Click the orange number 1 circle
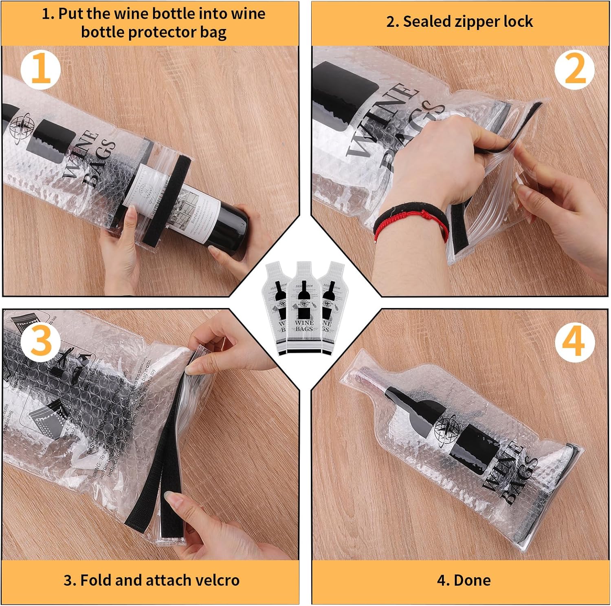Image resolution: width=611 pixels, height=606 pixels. (x=40, y=70)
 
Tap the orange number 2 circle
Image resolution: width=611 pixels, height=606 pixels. (x=574, y=70)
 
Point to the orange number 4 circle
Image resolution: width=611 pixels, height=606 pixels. (x=574, y=343)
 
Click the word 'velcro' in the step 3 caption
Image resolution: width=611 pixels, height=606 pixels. (x=218, y=580)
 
